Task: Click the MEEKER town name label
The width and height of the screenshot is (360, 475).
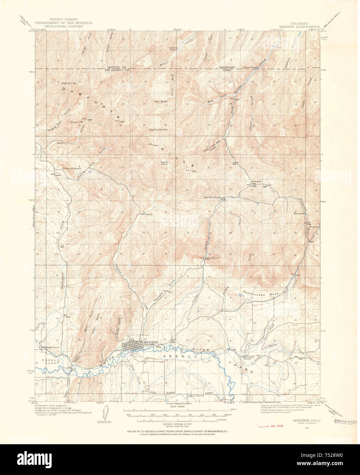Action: point(151,342)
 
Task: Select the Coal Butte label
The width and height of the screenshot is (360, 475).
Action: point(161,101)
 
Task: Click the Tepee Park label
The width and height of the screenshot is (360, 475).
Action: point(164,163)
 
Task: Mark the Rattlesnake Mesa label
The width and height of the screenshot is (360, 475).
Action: point(261,294)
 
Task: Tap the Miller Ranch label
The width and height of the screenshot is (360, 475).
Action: point(212,258)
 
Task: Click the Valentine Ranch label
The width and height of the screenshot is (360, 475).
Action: point(71,168)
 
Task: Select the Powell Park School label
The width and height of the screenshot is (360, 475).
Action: point(49,347)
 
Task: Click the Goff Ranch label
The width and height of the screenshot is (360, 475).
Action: point(146,214)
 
